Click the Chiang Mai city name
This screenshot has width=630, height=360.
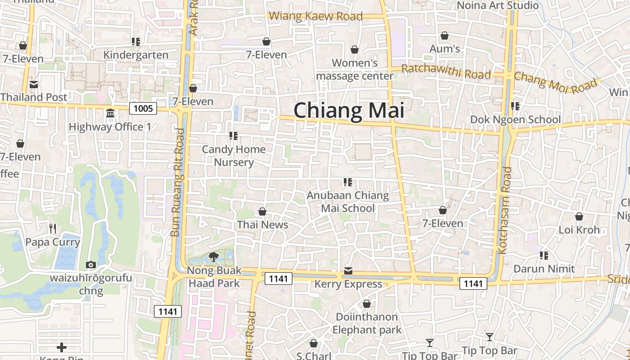[x=349, y=110]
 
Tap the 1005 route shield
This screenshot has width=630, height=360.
[x=143, y=108]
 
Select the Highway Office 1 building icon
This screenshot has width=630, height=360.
[x=110, y=113]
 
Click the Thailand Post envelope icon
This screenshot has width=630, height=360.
[x=34, y=84]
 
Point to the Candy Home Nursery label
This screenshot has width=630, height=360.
[x=234, y=156]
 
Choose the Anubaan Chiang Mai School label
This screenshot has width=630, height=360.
[x=347, y=202]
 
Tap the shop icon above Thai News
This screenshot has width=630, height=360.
[x=262, y=211]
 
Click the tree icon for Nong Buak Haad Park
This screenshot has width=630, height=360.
[x=214, y=257]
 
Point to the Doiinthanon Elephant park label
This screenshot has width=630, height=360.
[x=367, y=323]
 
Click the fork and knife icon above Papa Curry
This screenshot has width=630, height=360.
[x=53, y=229]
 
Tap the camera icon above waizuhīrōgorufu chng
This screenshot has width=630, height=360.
[x=90, y=265]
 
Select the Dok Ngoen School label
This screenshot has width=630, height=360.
[x=515, y=120]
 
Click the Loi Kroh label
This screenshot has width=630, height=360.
[x=579, y=230]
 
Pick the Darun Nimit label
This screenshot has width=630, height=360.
[x=544, y=269]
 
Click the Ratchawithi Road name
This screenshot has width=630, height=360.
[x=445, y=72]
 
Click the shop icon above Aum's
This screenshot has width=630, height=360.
[x=445, y=36]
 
